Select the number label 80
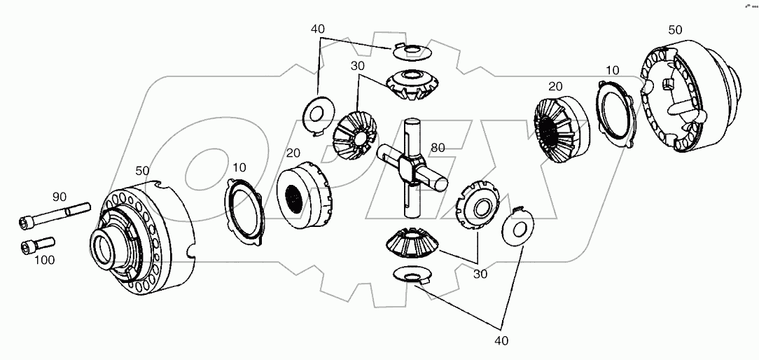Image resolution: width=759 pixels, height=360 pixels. [438, 148]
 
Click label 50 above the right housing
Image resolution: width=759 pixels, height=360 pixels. [676, 30]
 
